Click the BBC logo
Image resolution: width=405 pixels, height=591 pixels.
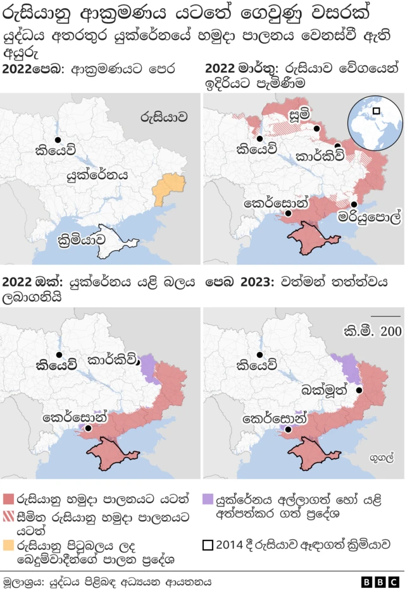380,582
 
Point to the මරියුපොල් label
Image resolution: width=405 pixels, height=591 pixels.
370,218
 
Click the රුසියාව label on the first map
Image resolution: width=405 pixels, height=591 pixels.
164,116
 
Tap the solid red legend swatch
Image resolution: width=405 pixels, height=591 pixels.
8,499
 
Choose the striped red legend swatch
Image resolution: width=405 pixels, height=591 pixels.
8,516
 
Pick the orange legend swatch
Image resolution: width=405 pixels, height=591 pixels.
8,544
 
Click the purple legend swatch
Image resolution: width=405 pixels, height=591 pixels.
209,499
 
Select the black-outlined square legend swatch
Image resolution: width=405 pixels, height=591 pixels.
209,544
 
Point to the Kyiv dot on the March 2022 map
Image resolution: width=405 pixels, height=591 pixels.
259,139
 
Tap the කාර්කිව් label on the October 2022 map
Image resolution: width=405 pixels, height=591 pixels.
111,361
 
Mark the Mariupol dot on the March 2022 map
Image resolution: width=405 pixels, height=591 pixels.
354,204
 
